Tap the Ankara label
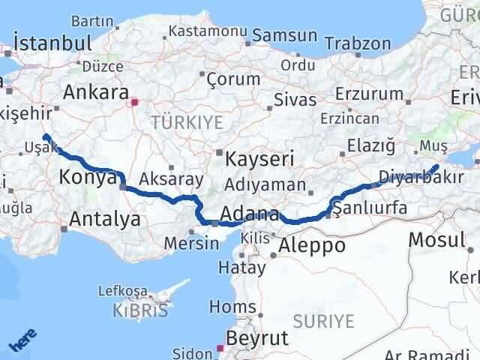tap(95, 92)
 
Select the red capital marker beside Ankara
tap(134, 102)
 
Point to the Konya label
tap(88, 178)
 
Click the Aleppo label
tap(311, 245)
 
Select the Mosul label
tap(437, 240)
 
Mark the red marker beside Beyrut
tap(220, 347)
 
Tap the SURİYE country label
tap(324, 321)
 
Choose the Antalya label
tap(104, 219)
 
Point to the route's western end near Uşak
tap(46, 136)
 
